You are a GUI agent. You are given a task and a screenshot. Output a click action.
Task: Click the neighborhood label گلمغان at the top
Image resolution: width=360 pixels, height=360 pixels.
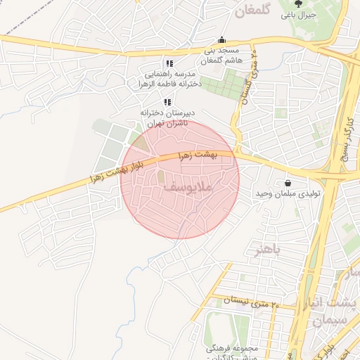tap(252, 11)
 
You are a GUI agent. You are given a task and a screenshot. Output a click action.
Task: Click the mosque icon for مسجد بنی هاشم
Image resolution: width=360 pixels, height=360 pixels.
tap(222, 40)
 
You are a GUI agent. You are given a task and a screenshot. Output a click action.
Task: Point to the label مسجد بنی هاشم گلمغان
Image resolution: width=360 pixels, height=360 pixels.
tap(222, 56)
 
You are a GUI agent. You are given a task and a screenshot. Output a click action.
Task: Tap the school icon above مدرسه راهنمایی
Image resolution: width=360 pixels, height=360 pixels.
tap(168, 63)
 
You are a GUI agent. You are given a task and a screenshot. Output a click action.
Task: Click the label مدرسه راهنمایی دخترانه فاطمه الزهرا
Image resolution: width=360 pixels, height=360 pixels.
tap(173, 78)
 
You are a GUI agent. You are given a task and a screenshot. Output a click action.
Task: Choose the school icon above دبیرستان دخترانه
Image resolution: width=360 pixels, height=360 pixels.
tap(167, 103)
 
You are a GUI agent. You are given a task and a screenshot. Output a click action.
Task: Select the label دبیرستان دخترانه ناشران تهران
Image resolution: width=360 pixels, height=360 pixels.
tap(172, 117)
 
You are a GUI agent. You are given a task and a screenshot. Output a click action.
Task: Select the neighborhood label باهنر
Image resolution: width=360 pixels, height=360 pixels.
tap(266, 250)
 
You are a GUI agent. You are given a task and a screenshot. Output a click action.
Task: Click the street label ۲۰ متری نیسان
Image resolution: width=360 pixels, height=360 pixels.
tap(251, 303)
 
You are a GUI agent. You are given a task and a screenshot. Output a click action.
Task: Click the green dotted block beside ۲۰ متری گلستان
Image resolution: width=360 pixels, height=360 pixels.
tap(223, 84)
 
